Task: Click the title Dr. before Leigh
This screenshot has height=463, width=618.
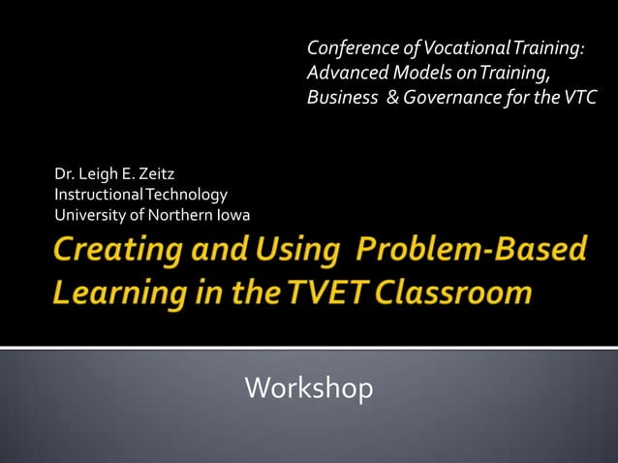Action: coord(65,175)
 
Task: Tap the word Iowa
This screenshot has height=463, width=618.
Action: coord(232,214)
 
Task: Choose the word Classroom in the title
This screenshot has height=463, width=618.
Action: coord(450,293)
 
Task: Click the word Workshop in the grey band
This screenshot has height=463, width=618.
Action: coord(309,388)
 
